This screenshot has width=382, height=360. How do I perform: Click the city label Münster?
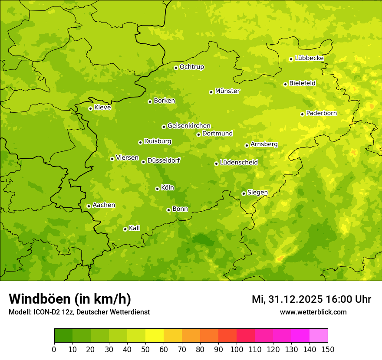click(x=227, y=91)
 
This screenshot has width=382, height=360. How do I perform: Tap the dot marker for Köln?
click(x=157, y=189)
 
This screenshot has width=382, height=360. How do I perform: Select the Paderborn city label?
click(x=321, y=113)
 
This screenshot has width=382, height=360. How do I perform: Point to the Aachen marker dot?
click(x=89, y=206)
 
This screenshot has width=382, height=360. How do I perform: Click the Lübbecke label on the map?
click(x=309, y=58)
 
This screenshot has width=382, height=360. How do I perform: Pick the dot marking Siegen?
click(x=244, y=193)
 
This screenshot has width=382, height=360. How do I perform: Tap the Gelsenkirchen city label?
click(x=189, y=126)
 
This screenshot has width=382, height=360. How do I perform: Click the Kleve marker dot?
click(x=90, y=108)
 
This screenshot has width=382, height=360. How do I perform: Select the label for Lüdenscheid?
click(x=239, y=163)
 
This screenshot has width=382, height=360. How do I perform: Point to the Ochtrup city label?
click(x=191, y=67)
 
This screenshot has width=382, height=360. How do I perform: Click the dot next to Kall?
click(x=125, y=229)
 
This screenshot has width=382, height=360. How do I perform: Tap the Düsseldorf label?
click(x=164, y=160)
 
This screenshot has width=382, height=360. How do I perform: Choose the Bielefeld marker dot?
click(x=285, y=84)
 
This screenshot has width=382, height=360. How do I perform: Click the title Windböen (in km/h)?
click(x=70, y=299)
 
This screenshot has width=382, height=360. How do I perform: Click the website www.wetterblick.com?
click(x=313, y=312)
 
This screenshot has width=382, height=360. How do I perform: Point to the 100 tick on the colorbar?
click(x=237, y=349)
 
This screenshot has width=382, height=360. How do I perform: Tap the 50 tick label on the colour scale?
click(x=145, y=349)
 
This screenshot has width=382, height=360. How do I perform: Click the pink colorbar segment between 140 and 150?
click(x=319, y=336)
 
